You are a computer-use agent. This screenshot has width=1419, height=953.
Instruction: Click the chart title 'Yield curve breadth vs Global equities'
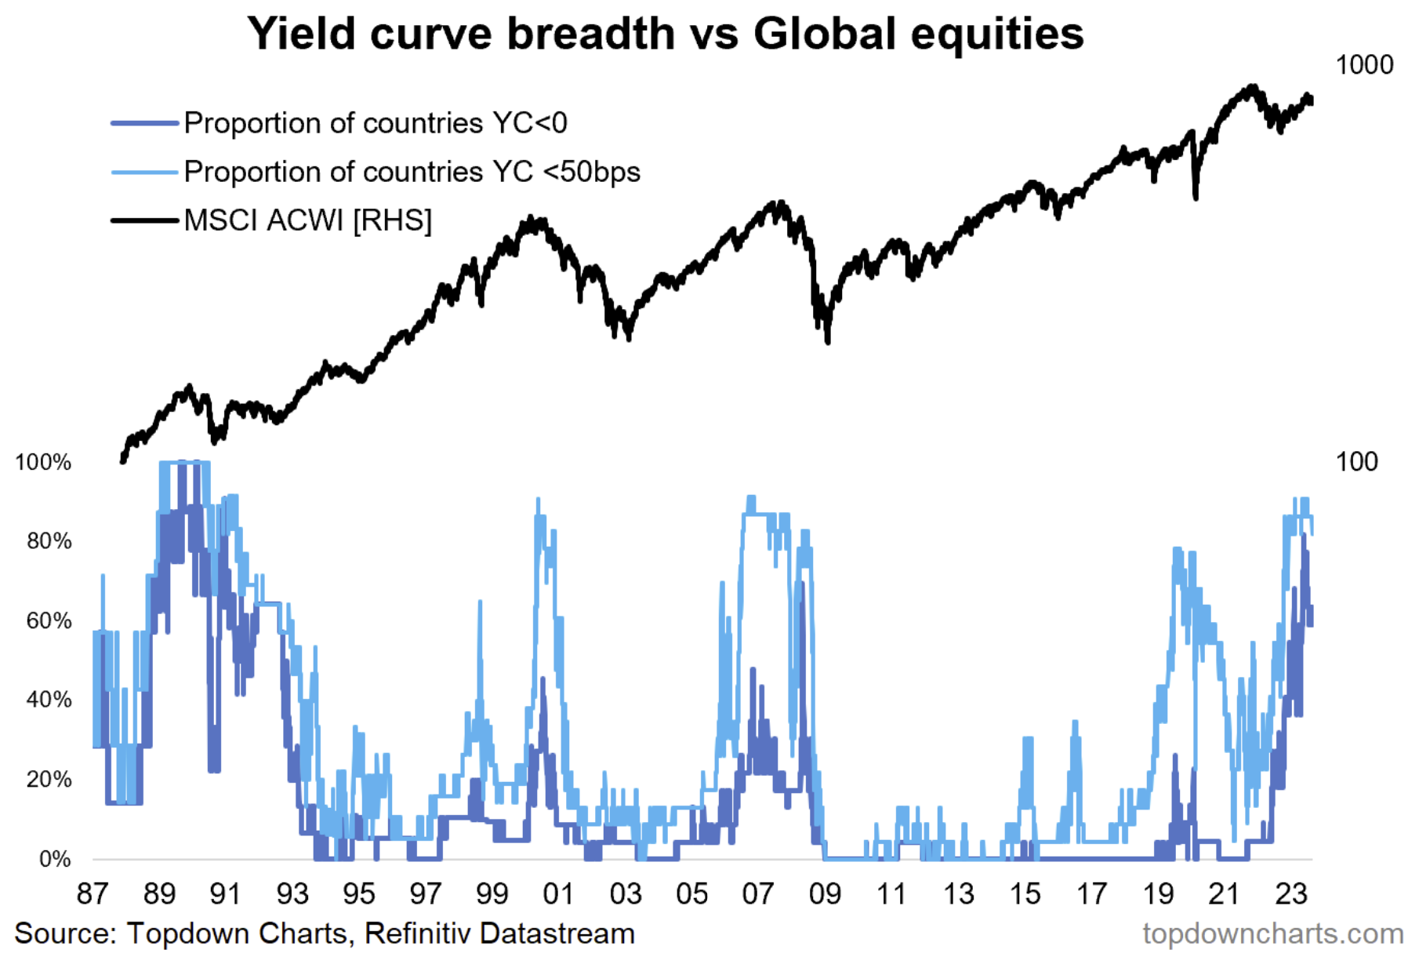pyautogui.click(x=665, y=35)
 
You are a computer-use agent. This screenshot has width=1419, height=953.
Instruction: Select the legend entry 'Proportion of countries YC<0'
pyautogui.click(x=375, y=123)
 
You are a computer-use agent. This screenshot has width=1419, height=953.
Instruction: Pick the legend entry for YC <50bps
pyautogui.click(x=412, y=172)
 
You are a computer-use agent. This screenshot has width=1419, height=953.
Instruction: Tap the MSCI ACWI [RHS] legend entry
pyautogui.click(x=307, y=220)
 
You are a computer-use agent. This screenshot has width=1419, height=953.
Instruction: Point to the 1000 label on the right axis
pyautogui.click(x=1364, y=65)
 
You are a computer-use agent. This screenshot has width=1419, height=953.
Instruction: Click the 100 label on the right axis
pyautogui.click(x=1356, y=462)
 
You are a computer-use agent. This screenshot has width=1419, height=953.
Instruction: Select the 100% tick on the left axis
pyautogui.click(x=43, y=463)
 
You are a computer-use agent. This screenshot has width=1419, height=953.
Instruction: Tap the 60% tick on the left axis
pyautogui.click(x=49, y=621)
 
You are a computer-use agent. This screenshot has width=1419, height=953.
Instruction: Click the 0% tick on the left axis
pyautogui.click(x=55, y=860)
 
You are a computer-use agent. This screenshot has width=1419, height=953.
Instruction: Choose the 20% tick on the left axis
pyautogui.click(x=49, y=780)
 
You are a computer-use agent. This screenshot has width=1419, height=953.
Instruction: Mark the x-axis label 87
pyautogui.click(x=93, y=894)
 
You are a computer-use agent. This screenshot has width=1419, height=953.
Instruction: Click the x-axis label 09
pyautogui.click(x=825, y=894)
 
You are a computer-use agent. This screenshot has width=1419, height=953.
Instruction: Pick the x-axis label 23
pyautogui.click(x=1290, y=894)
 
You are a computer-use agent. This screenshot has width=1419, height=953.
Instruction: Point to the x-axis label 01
pyautogui.click(x=558, y=894)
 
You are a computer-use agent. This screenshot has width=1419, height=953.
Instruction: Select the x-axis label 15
pyautogui.click(x=1025, y=894)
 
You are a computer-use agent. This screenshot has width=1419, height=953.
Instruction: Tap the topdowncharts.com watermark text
pyautogui.click(x=1272, y=934)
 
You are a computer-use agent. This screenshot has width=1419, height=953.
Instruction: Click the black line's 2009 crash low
pyautogui.click(x=828, y=342)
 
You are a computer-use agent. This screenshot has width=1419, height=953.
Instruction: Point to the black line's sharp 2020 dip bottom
pyautogui.click(x=1196, y=198)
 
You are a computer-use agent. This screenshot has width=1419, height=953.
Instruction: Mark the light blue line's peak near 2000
pyautogui.click(x=538, y=500)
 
